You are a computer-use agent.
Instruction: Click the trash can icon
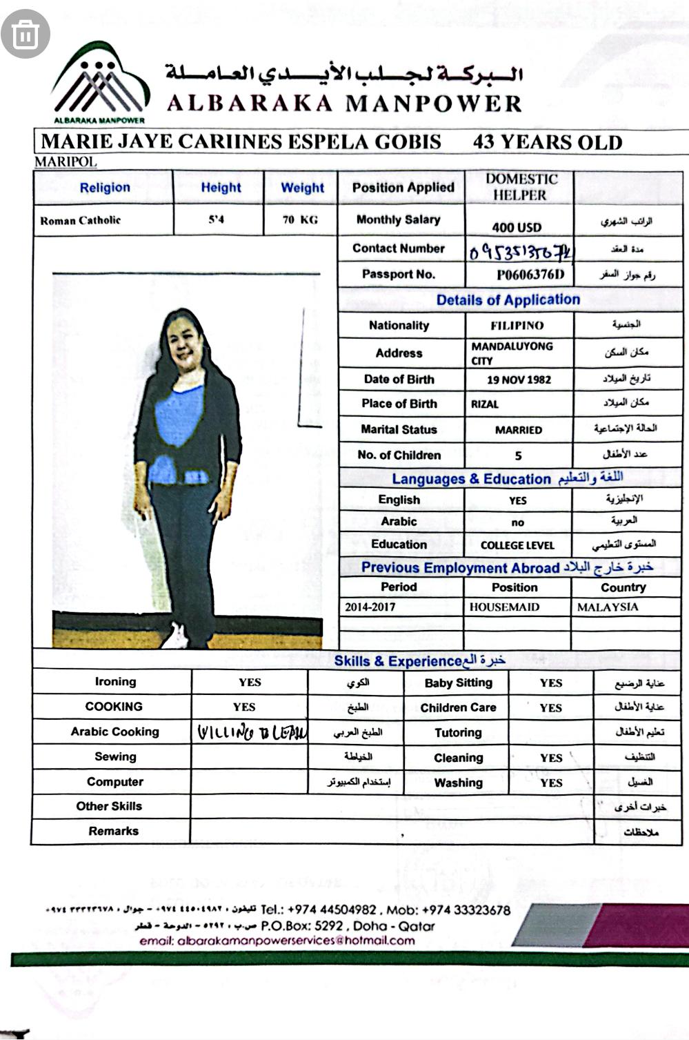pos(26,33)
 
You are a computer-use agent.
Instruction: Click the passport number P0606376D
pos(530,275)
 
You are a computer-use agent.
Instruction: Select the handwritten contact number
pos(521,251)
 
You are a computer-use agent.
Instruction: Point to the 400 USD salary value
pos(517,227)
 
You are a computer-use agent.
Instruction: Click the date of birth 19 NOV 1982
pos(519,380)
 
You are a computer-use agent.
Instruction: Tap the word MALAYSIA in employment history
pos(608,607)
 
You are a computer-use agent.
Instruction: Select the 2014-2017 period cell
pos(370,607)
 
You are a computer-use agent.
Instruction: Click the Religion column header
pos(105,188)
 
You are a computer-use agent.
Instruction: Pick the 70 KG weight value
pos(300,220)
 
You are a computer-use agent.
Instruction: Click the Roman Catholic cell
pos(81,221)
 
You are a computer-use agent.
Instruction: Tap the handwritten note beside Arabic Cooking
pos(252,732)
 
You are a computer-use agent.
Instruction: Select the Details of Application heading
pos(508,300)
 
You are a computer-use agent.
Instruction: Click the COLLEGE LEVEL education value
pos(517,545)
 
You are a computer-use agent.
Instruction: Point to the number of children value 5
pos(518,455)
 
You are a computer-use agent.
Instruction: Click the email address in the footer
pos(277,941)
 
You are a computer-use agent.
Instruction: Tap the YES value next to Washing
pos(551,783)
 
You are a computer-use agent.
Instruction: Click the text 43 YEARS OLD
pos(548,143)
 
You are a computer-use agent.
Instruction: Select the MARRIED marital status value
pos(519,430)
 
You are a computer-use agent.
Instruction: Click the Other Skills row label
pos(109,806)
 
